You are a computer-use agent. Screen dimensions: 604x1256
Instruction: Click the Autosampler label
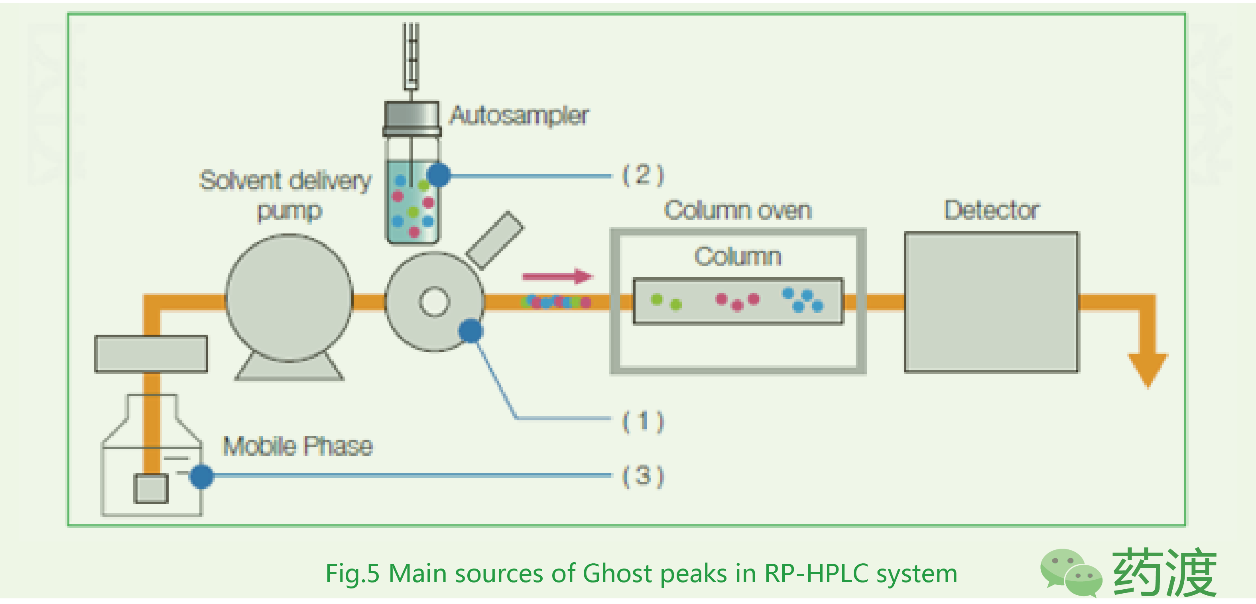(519, 116)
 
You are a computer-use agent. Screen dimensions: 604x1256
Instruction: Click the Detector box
(992, 302)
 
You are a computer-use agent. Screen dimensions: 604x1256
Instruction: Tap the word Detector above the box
(992, 210)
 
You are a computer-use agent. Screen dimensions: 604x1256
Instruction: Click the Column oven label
(738, 210)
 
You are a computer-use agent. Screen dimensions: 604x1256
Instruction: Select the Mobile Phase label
(297, 446)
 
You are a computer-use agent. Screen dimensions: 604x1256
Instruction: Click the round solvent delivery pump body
(289, 298)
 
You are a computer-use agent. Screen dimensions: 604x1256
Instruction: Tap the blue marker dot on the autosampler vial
(439, 175)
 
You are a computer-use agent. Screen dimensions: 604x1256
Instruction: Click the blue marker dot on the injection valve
(471, 331)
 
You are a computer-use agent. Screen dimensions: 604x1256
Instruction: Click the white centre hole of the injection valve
(434, 302)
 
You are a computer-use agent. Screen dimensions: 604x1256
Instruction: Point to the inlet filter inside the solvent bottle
(151, 488)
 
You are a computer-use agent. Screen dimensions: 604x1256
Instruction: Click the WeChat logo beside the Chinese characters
(1071, 573)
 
